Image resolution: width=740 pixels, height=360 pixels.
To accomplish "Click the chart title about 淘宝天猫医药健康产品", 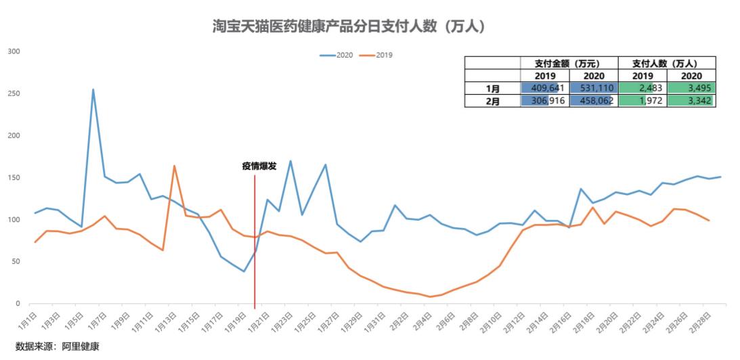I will click(x=348, y=26).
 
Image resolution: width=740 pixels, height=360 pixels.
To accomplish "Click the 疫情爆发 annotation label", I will click(x=259, y=166).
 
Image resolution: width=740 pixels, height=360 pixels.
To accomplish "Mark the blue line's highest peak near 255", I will click(x=93, y=89).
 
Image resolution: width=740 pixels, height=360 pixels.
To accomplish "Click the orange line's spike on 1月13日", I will click(x=174, y=166).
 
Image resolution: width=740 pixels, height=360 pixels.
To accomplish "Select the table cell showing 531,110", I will click(x=594, y=88).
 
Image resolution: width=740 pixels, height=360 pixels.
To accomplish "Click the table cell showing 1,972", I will click(x=643, y=101).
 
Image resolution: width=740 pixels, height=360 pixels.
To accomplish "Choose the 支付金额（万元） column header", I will click(x=569, y=63).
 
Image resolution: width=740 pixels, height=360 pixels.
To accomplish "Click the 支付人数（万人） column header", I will click(x=667, y=63).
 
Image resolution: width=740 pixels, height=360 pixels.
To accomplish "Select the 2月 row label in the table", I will click(x=493, y=101).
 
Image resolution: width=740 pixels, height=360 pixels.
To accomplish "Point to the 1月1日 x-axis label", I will click(x=26, y=317).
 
